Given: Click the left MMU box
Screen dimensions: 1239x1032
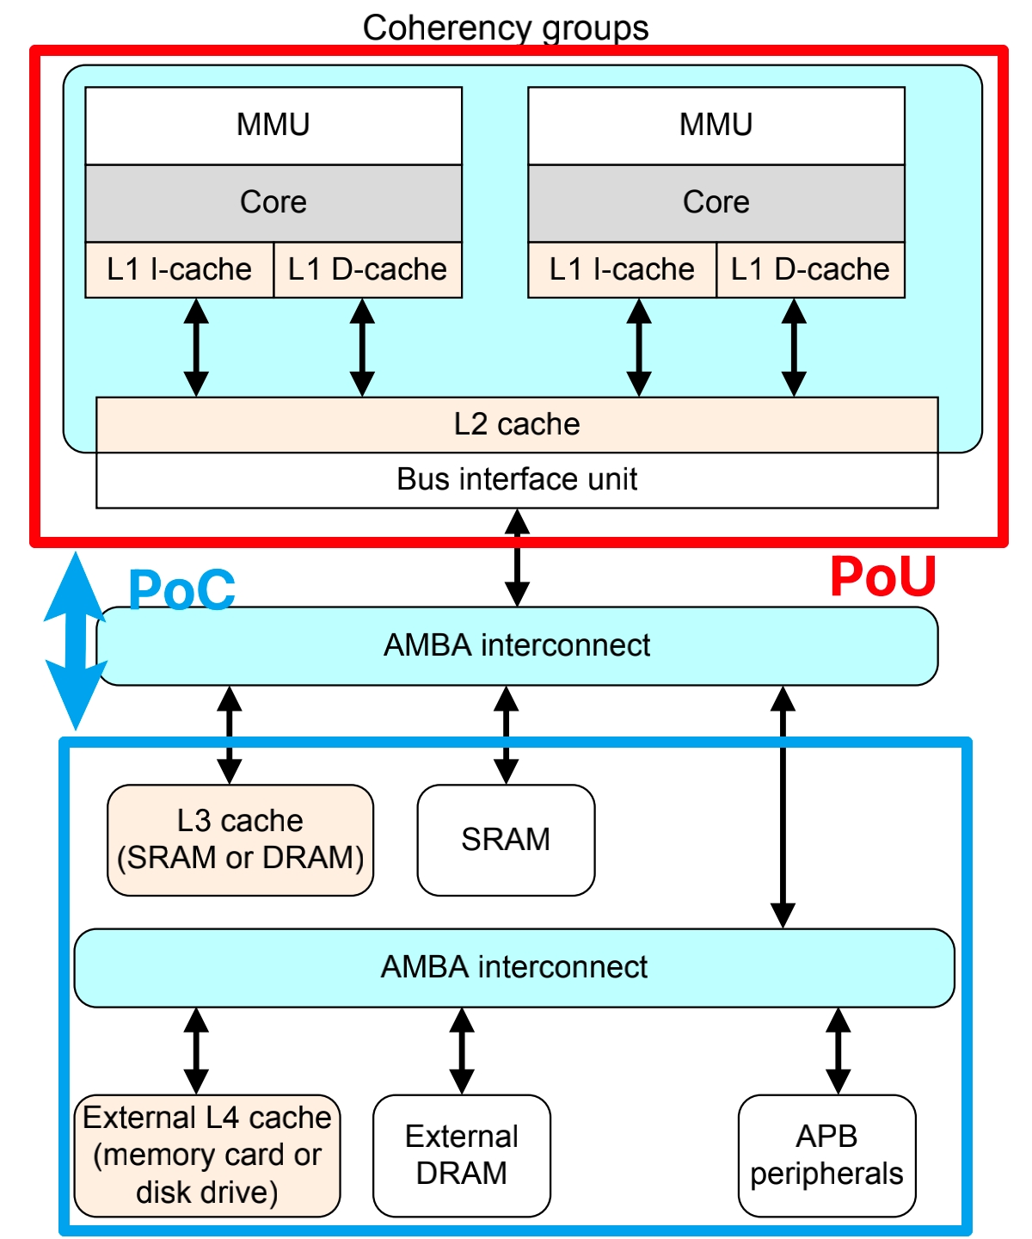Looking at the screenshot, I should tap(273, 126).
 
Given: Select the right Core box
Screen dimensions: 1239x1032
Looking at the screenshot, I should tap(716, 203).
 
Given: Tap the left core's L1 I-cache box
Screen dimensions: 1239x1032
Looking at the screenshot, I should tap(179, 270).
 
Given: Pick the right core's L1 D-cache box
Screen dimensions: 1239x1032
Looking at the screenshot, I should tap(810, 270).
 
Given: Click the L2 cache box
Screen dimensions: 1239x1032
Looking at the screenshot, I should tap(517, 425).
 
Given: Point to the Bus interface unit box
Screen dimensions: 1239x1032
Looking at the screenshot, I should tap(517, 480).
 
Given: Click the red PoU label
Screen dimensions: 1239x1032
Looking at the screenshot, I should tap(882, 576).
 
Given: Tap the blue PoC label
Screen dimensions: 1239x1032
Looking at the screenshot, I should tap(181, 590).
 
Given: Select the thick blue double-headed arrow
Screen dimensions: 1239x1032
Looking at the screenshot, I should tap(76, 641).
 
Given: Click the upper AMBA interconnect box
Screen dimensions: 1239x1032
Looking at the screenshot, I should tap(517, 646).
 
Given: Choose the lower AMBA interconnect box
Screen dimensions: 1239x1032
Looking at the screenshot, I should tap(514, 968).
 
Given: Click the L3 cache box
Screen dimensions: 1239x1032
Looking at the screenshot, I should tap(240, 840).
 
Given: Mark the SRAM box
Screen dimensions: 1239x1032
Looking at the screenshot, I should tap(506, 840).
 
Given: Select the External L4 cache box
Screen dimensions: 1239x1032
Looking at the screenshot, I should tap(207, 1156).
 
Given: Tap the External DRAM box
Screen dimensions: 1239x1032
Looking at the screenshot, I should tap(462, 1156).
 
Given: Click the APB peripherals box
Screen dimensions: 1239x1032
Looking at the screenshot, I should tap(826, 1156).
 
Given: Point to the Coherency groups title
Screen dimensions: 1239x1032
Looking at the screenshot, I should tap(506, 28).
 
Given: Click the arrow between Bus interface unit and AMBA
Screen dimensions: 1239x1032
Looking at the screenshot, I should tap(517, 558).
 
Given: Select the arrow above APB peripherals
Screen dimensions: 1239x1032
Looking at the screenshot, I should tap(838, 1051).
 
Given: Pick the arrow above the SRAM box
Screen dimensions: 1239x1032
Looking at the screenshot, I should tap(507, 735).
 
